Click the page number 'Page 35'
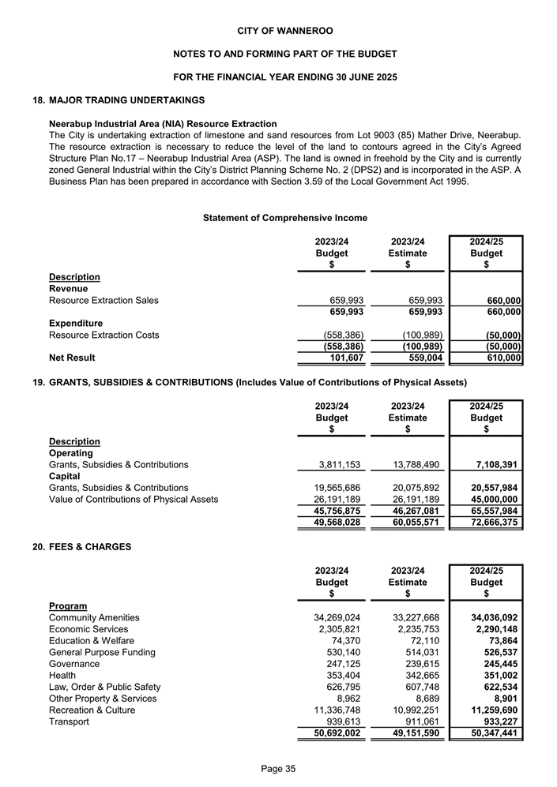coord(278,770)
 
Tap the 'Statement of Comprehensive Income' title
coord(285,217)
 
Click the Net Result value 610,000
coord(497,358)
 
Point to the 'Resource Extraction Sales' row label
coord(103,300)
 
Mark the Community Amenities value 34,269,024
coord(327,617)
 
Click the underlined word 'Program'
coord(68,605)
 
